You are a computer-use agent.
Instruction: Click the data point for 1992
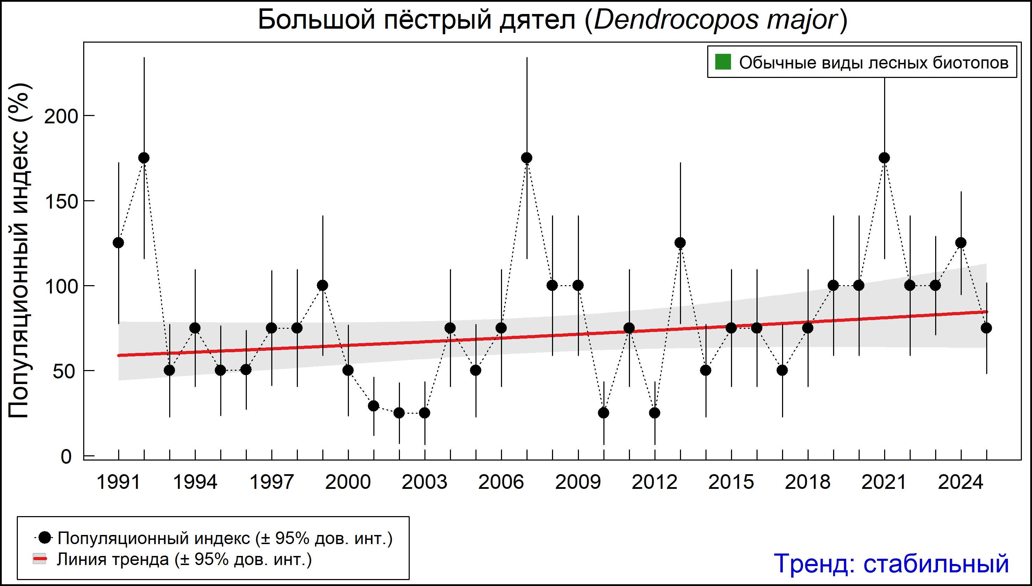(144, 158)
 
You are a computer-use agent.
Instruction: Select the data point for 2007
(527, 158)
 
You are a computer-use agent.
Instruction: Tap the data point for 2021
(884, 158)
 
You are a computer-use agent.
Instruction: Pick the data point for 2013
(680, 243)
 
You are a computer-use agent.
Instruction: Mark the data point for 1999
(323, 285)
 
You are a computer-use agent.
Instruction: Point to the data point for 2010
(604, 413)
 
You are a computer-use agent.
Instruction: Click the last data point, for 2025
(987, 328)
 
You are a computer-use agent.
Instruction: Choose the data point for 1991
(119, 243)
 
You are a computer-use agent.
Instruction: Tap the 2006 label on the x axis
(501, 482)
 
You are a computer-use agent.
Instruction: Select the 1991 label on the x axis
(119, 482)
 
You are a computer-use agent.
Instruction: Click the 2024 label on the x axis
(961, 482)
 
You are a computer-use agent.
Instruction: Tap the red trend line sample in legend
(40, 559)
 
